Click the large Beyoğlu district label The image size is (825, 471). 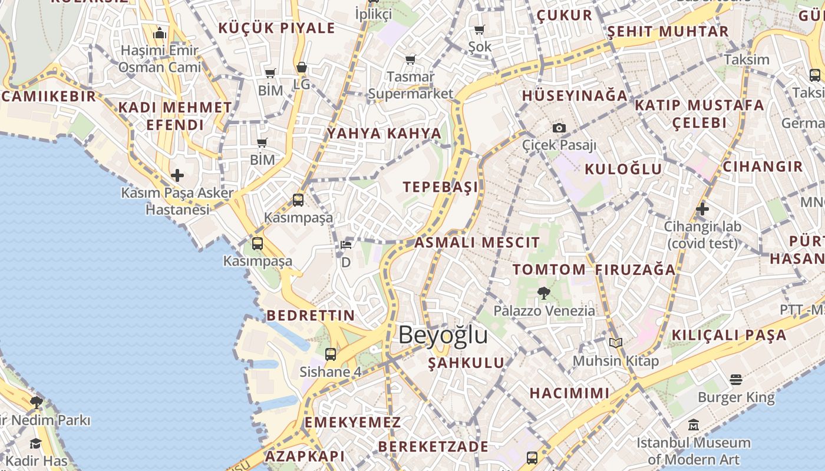click(x=443, y=335)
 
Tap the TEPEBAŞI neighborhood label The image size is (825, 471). click(x=440, y=187)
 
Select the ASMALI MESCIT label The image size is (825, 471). click(x=477, y=243)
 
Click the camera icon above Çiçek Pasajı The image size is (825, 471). click(x=559, y=128)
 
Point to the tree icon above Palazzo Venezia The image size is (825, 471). click(x=544, y=293)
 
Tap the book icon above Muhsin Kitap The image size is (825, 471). click(x=616, y=343)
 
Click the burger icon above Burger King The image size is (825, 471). click(x=735, y=380)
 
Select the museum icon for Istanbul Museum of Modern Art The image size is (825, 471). click(x=693, y=424)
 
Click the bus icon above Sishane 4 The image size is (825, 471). click(x=331, y=354)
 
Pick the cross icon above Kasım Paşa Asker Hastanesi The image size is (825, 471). click(x=177, y=175)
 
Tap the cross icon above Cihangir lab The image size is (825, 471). click(x=702, y=209)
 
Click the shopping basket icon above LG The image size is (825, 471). click(x=301, y=68)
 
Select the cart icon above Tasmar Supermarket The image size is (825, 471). click(x=410, y=59)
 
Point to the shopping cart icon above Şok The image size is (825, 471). click(x=479, y=29)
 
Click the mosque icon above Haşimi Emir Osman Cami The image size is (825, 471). click(x=160, y=33)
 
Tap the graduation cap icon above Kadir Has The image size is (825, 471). click(x=36, y=443)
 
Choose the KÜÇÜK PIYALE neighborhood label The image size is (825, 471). click(x=276, y=28)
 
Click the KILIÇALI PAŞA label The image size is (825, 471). click(x=729, y=336)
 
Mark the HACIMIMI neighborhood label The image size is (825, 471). click(x=569, y=393)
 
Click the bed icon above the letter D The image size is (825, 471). click(x=346, y=244)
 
